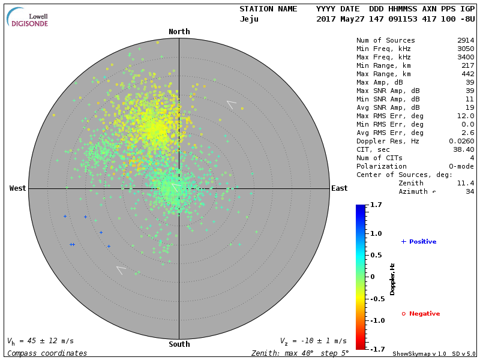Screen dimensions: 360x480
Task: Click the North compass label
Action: pos(179,32)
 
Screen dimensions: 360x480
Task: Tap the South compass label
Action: pos(179,344)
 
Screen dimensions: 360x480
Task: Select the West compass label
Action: pos(18,188)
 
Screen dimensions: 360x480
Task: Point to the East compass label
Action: pos(339,188)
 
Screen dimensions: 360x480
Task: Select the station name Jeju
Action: pos(249,19)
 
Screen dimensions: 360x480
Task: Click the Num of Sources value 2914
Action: pos(466,40)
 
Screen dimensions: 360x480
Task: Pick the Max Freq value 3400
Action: pos(466,57)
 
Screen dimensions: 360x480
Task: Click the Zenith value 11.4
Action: pos(466,183)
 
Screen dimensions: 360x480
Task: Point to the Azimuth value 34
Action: pos(470,191)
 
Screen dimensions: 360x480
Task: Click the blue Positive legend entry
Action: pos(419,242)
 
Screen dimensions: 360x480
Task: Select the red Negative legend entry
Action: pos(421,314)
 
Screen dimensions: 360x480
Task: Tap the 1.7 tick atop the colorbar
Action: pos(377,205)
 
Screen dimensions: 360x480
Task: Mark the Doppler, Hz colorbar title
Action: pos(392,278)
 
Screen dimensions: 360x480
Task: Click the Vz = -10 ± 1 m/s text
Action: pos(313,341)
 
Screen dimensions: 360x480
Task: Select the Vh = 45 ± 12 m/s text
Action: pos(40,341)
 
